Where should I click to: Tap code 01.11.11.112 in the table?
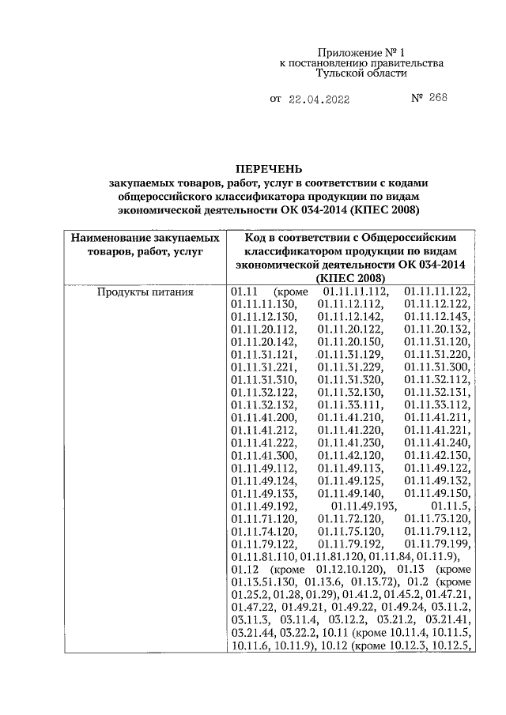[x=352, y=292]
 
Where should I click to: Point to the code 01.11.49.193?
[x=364, y=506]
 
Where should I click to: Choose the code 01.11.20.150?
[x=352, y=342]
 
